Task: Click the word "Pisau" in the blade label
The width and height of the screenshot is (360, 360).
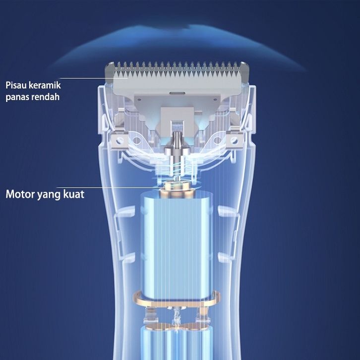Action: [x=16, y=84]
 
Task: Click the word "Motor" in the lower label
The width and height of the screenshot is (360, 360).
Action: [x=19, y=193]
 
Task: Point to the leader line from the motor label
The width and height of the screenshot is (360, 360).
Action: [x=124, y=187]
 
